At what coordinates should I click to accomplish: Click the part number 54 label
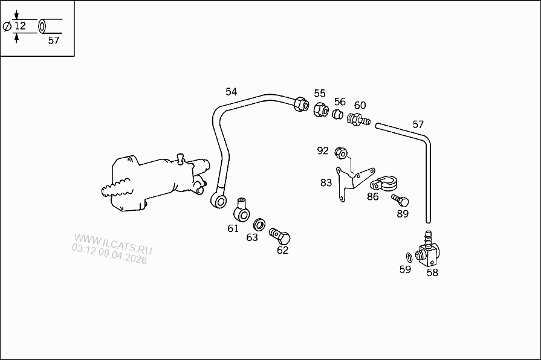[x=231, y=92]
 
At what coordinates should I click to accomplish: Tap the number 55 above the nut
[x=319, y=93]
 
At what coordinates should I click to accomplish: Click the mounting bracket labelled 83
[x=349, y=178]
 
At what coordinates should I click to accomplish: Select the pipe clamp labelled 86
[x=381, y=182]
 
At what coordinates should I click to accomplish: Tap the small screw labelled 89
[x=400, y=199]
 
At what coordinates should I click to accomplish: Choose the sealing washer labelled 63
[x=259, y=224]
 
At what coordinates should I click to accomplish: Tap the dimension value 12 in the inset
[x=20, y=26]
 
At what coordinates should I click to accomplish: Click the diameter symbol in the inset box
[x=7, y=27]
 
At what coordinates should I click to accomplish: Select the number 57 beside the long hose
[x=418, y=124]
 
